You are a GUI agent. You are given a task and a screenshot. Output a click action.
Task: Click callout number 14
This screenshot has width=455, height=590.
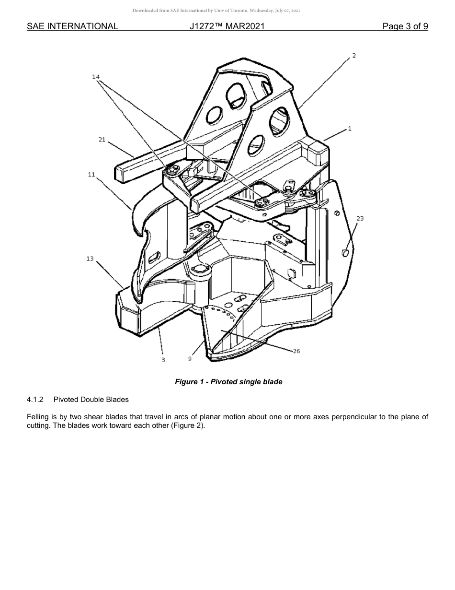(96, 77)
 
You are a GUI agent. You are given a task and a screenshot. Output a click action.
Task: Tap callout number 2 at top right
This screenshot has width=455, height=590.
(354, 56)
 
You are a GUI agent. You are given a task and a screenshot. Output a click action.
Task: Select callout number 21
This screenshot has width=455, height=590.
(102, 140)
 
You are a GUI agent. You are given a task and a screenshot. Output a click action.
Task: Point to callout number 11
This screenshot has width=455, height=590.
(91, 175)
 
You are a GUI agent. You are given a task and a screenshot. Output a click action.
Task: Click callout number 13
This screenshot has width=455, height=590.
(90, 259)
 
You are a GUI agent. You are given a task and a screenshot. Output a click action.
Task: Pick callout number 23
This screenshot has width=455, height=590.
(360, 218)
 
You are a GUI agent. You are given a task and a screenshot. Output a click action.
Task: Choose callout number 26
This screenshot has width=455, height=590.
(296, 351)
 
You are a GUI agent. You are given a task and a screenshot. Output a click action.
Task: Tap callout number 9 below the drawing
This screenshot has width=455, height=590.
(190, 358)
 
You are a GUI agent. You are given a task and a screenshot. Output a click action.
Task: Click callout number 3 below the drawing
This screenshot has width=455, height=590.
(163, 359)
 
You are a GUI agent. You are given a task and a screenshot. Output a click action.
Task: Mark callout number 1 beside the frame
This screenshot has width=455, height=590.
(350, 129)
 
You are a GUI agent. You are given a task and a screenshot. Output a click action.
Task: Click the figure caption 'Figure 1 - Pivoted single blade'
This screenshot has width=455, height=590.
(228, 382)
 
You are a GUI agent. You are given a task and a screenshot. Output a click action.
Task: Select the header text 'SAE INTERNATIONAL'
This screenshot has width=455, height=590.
(72, 26)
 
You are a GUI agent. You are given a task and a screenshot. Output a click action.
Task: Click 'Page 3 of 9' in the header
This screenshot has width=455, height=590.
(405, 26)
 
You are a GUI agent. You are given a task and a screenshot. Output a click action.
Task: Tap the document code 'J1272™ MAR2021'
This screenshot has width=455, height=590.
(227, 26)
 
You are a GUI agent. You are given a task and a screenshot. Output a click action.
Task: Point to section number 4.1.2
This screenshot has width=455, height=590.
(35, 399)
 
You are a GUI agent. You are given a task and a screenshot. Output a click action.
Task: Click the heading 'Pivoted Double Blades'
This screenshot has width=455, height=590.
(91, 399)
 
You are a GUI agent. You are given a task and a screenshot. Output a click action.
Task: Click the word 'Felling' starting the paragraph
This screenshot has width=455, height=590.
(38, 417)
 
